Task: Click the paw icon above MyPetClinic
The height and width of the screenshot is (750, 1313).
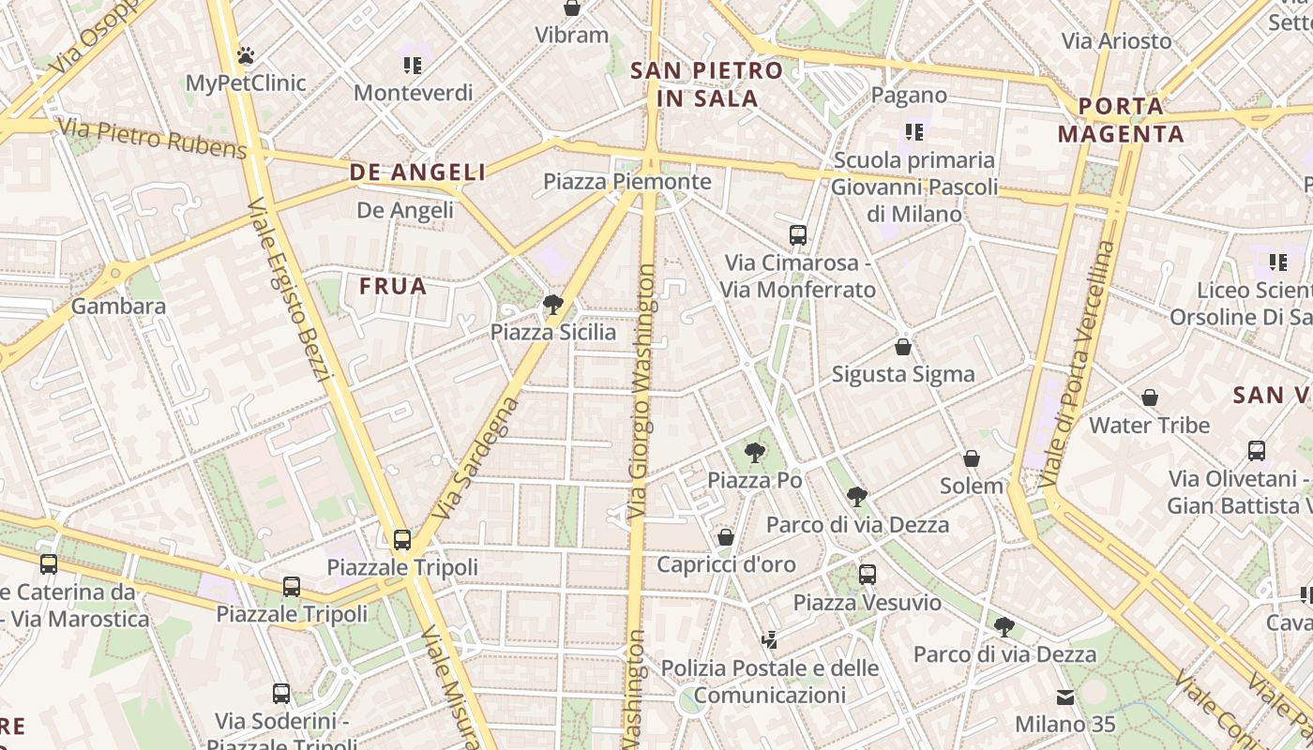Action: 246,55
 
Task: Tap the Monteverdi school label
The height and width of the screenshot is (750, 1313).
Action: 413,93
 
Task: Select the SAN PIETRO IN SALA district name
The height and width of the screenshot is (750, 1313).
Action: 706,83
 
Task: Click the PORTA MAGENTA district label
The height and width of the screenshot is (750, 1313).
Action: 1121,120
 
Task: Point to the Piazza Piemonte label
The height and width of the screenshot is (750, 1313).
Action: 627,181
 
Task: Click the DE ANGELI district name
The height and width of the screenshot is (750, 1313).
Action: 418,172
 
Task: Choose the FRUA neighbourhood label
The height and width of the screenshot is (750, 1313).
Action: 394,286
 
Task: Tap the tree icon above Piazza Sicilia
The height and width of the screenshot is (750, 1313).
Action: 553,304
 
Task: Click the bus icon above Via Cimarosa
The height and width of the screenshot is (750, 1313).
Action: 798,234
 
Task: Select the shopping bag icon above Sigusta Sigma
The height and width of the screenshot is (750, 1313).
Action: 903,347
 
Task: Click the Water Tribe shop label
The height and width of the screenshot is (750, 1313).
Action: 1150,425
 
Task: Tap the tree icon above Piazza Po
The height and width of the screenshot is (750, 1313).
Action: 754,453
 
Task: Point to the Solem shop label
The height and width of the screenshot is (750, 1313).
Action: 972,486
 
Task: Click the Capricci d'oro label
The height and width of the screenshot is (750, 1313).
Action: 726,564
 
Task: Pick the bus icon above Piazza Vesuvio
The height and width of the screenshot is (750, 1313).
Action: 868,574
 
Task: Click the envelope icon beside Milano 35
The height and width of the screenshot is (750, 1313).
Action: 1065,697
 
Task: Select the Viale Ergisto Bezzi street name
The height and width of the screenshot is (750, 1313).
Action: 291,291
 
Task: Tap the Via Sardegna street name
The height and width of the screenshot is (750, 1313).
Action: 477,459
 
